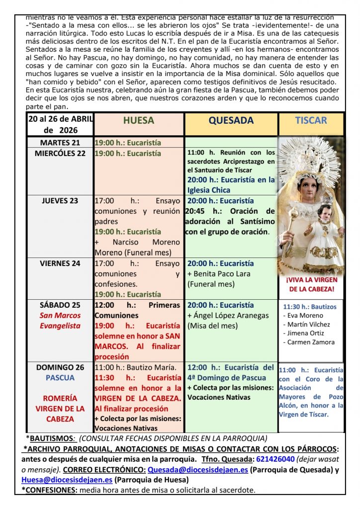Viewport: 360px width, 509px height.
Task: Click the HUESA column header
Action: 138,120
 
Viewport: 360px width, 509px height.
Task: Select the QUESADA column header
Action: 231,120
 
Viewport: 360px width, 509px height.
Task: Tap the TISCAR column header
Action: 311,120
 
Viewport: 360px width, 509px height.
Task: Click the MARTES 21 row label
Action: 60,143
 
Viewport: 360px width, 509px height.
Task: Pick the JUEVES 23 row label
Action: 60,201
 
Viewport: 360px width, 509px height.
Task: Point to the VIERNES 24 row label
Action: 60,263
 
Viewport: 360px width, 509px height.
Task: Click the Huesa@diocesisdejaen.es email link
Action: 67,480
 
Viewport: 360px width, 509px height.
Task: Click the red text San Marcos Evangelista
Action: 60,321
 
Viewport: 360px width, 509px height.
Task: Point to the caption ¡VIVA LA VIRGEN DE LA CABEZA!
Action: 310,284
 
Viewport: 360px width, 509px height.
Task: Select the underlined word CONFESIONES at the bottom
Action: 49,490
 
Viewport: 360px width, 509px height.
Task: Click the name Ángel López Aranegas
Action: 231,316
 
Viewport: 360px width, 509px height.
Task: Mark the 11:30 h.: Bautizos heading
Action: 309,307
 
